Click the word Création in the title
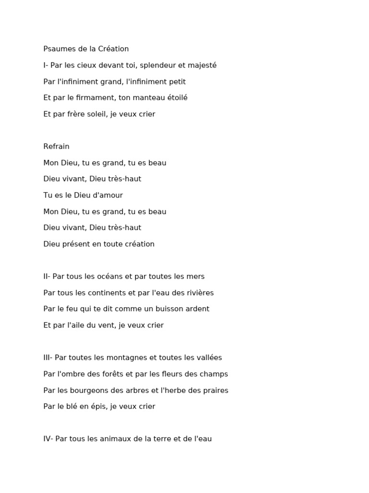[x=113, y=49]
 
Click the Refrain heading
[x=56, y=146]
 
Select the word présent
[x=78, y=244]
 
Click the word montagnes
[x=119, y=358]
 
